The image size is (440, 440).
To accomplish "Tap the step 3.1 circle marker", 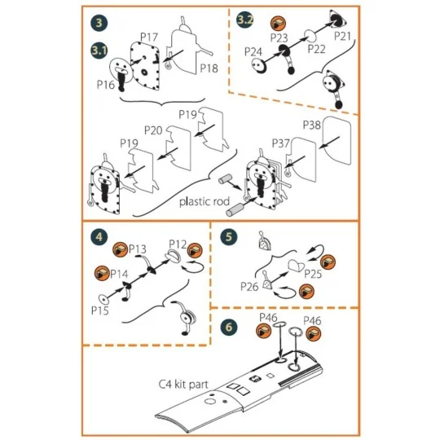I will click(99, 51).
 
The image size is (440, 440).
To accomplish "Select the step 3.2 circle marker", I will click(244, 20).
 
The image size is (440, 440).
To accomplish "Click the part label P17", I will click(147, 38).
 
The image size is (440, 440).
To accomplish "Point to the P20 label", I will click(153, 130).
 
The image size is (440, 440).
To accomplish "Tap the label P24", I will click(253, 51).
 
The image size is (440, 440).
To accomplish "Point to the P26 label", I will click(250, 287).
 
